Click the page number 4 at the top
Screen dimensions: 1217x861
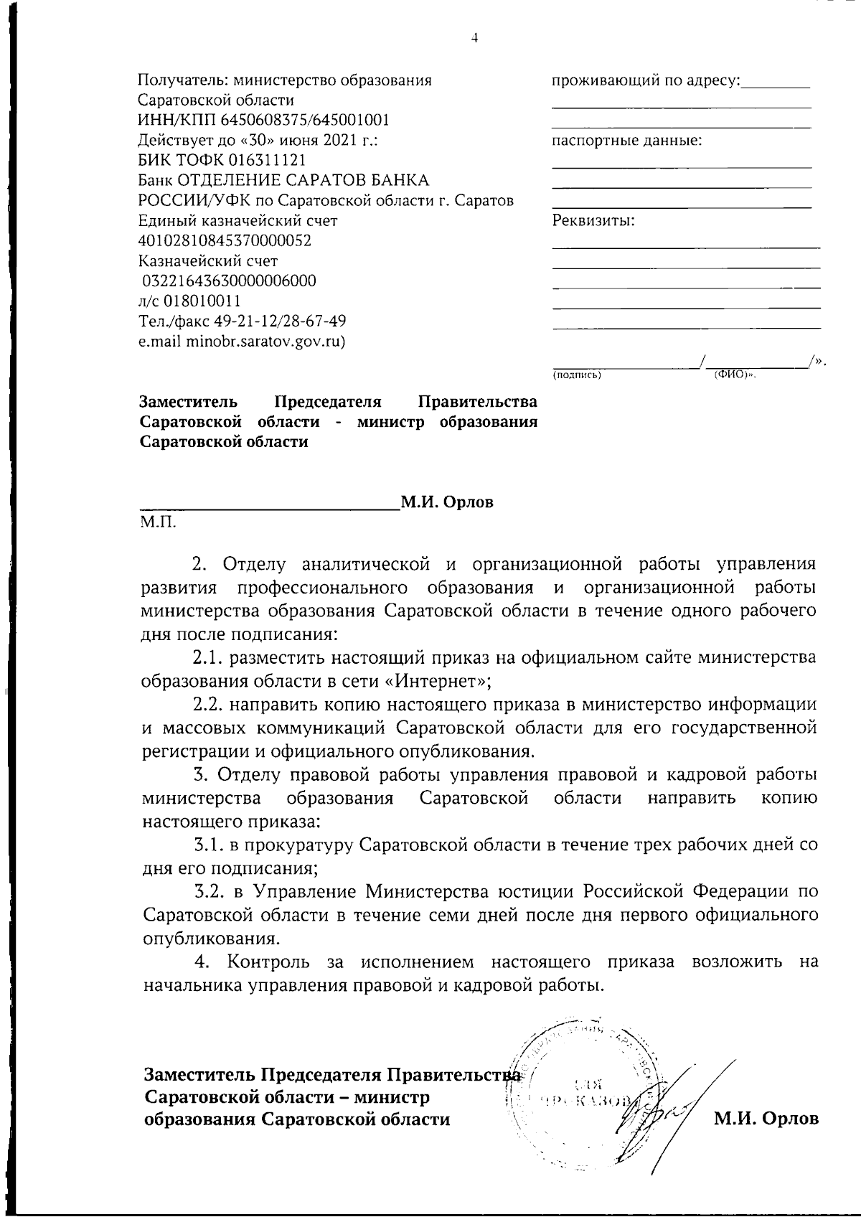click(474, 38)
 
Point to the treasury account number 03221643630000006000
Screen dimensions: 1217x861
click(229, 281)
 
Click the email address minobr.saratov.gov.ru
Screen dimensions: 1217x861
click(264, 341)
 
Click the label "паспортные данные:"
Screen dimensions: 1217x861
click(626, 141)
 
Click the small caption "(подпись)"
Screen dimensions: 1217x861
click(576, 375)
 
